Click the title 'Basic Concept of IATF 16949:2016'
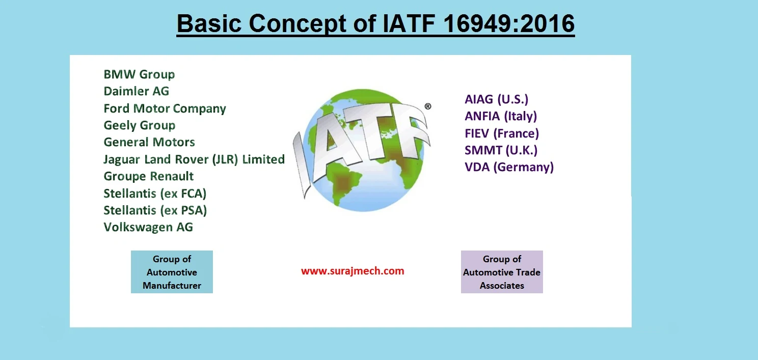click(x=375, y=24)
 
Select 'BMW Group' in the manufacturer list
click(x=139, y=74)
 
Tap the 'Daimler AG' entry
click(x=136, y=91)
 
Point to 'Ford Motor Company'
click(x=165, y=108)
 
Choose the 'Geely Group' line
click(x=139, y=125)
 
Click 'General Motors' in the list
click(x=149, y=142)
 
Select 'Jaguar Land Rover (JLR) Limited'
click(x=194, y=159)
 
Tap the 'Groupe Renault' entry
click(x=148, y=176)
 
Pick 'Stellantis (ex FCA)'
click(x=155, y=193)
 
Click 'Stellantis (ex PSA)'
click(x=155, y=210)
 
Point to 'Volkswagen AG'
click(x=148, y=227)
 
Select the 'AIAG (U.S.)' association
click(x=496, y=99)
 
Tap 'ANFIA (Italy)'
click(x=501, y=116)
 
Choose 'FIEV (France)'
click(x=501, y=133)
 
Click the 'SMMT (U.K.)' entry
click(x=501, y=150)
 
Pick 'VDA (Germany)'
click(x=509, y=167)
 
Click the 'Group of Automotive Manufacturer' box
click(x=172, y=272)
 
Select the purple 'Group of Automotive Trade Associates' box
click(x=502, y=272)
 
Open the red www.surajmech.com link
click(x=353, y=271)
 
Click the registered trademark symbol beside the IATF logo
click(x=427, y=106)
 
